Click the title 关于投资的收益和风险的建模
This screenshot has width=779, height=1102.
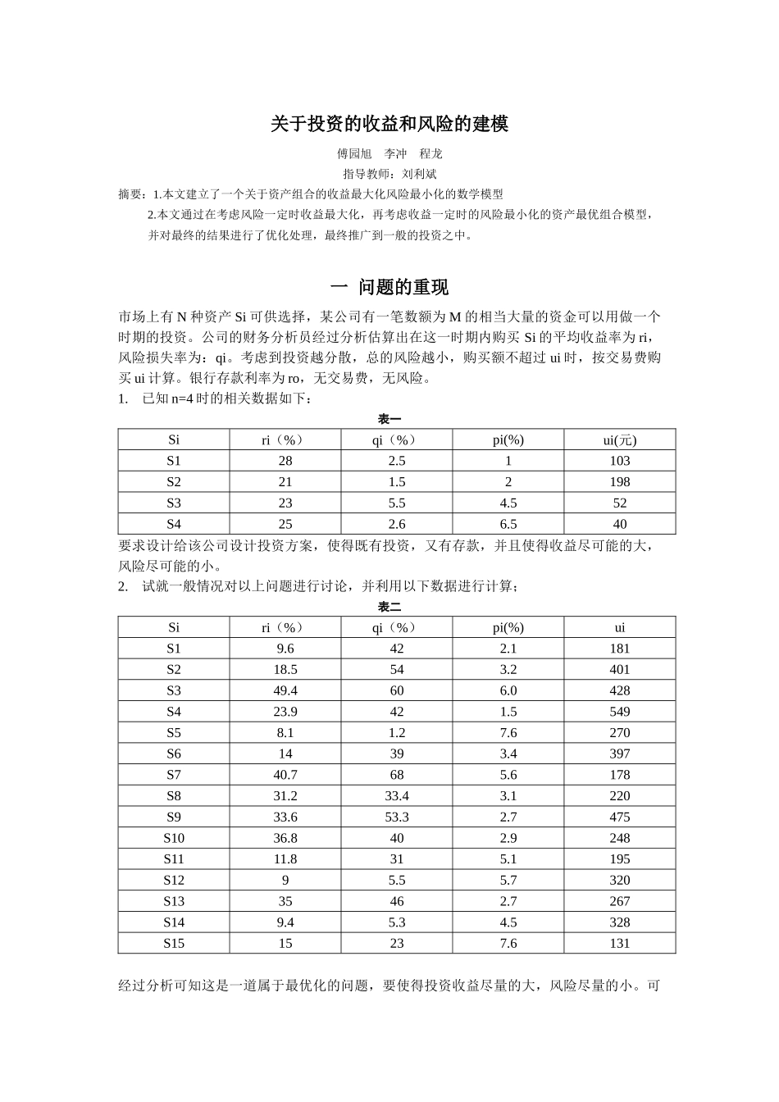pyautogui.click(x=389, y=125)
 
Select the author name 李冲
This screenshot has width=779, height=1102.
pyautogui.click(x=395, y=154)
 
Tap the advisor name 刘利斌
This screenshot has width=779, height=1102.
pyautogui.click(x=419, y=174)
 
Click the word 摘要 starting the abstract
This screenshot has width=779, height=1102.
pyautogui.click(x=130, y=195)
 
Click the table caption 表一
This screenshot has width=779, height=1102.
pyautogui.click(x=389, y=420)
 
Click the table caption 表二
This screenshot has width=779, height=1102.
pyautogui.click(x=389, y=608)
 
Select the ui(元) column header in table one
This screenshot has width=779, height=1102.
pyautogui.click(x=619, y=440)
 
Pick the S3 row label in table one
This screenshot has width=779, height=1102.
pyautogui.click(x=174, y=503)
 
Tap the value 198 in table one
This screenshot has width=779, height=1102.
pyautogui.click(x=619, y=482)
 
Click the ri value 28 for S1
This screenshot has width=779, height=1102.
pyautogui.click(x=285, y=461)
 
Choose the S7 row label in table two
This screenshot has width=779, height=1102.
pyautogui.click(x=174, y=775)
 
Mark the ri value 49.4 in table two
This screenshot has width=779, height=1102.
pyautogui.click(x=285, y=691)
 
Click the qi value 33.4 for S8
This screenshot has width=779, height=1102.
pyautogui.click(x=397, y=796)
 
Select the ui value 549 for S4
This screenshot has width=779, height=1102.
pyautogui.click(x=619, y=712)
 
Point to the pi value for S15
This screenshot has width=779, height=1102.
pyautogui.click(x=508, y=944)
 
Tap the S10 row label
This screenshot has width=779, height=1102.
pyautogui.click(x=174, y=838)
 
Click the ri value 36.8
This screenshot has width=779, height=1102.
pyautogui.click(x=285, y=838)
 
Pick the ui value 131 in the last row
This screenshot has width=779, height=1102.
pyautogui.click(x=619, y=944)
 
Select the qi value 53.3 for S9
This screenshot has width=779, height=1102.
pyautogui.click(x=397, y=817)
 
